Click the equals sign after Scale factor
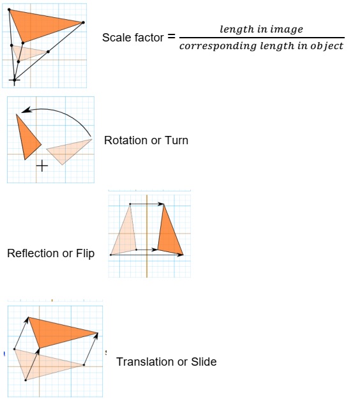(171, 36)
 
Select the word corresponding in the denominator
(218, 47)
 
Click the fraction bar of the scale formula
(262, 38)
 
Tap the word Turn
(177, 140)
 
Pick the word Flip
(86, 254)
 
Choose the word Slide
(204, 362)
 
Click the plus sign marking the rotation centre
(42, 166)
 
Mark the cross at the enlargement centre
(15, 80)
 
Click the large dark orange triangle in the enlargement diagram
(39, 25)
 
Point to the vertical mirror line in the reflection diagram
(147, 236)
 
